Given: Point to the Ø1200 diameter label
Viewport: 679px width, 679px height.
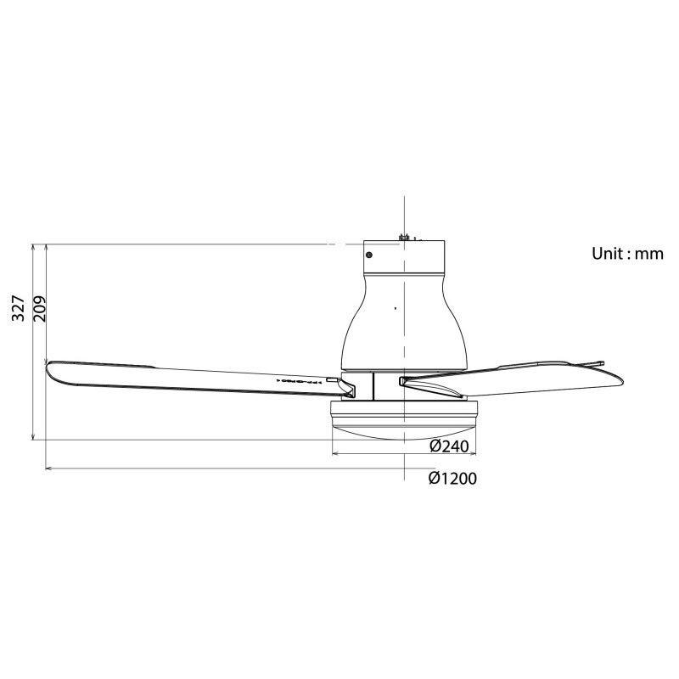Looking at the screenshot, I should (452, 479).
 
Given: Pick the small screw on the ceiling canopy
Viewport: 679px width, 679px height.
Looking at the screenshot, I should (369, 253).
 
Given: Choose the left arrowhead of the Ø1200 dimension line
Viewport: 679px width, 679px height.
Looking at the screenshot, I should (48, 468).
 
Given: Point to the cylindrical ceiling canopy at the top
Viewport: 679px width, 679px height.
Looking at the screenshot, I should (405, 256).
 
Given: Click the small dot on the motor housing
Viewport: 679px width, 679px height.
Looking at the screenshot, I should (395, 307).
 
